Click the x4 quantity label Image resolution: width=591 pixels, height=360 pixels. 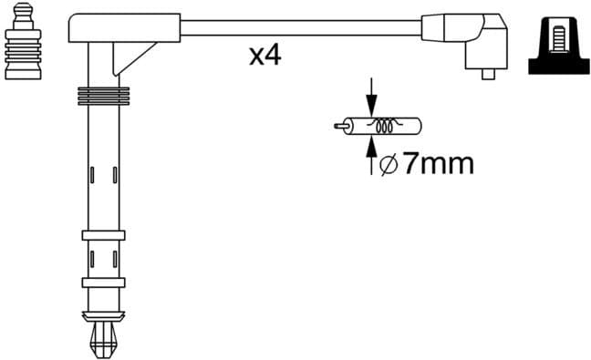(x=264, y=57)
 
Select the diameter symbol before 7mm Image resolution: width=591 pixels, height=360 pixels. (x=386, y=165)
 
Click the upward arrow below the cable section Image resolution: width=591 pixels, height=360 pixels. (x=370, y=158)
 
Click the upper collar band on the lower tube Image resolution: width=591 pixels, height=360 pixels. (x=101, y=235)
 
